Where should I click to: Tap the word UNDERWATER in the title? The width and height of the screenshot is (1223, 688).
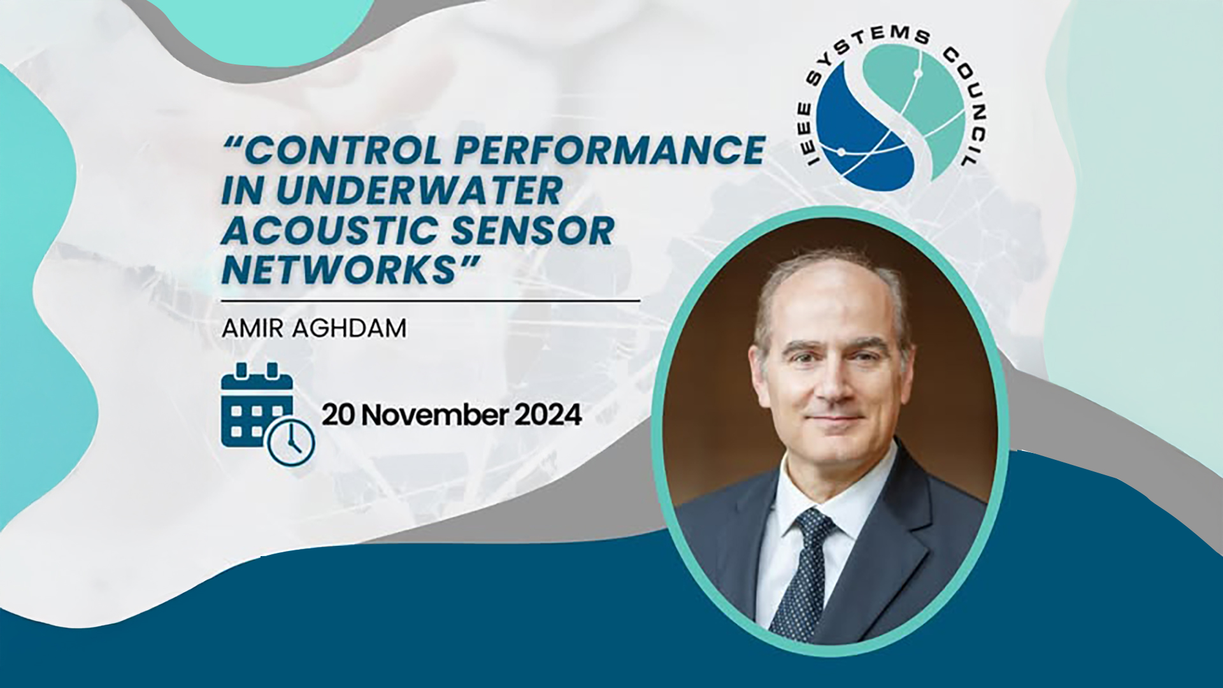point(420,191)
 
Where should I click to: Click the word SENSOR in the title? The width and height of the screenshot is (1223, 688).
point(533,231)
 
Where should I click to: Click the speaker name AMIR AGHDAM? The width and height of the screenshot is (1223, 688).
point(314,329)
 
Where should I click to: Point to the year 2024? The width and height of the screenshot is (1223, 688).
point(548,415)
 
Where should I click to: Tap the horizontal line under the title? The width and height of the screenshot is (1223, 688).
point(431,299)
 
